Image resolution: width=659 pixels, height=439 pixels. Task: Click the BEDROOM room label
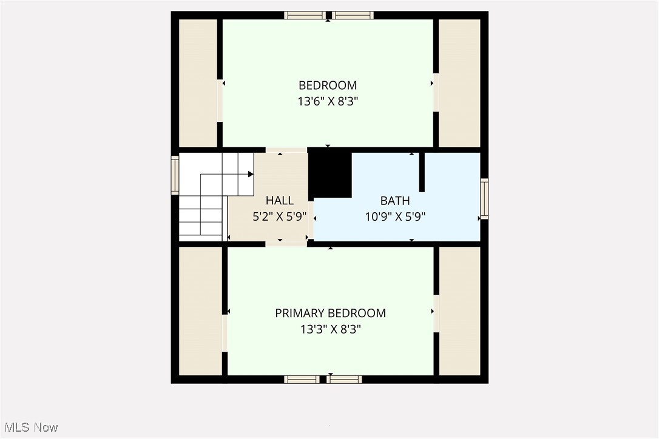[x=328, y=85]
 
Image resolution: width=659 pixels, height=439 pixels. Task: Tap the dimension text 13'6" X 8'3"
[x=328, y=102]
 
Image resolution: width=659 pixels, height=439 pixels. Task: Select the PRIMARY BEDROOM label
[x=330, y=313]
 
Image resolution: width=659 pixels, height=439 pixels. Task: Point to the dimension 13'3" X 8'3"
[x=330, y=330]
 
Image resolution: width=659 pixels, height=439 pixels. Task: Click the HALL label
[x=280, y=201]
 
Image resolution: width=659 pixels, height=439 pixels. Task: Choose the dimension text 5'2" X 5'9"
[x=280, y=216]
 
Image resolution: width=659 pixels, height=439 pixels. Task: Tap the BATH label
[x=394, y=201]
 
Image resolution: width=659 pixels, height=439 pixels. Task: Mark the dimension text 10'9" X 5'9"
[x=394, y=216]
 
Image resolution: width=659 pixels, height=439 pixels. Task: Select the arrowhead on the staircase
[x=251, y=174]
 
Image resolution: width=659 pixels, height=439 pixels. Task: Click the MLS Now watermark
[x=29, y=427]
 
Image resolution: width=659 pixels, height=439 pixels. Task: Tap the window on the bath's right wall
[x=484, y=198]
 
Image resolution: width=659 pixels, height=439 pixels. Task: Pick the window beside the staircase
[x=175, y=175]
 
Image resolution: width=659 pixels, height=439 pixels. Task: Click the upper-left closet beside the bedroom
[x=197, y=83]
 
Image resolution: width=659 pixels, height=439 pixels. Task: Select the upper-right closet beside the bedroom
[x=459, y=83]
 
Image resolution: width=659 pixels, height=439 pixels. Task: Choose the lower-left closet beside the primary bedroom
[x=200, y=311]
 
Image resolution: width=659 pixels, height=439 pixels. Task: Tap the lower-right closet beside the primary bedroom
[x=459, y=311]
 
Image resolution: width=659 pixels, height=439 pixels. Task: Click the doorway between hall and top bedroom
[x=286, y=150]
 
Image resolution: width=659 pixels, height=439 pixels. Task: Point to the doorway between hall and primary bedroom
[x=286, y=244]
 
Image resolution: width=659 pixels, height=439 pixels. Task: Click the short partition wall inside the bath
[x=422, y=172]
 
